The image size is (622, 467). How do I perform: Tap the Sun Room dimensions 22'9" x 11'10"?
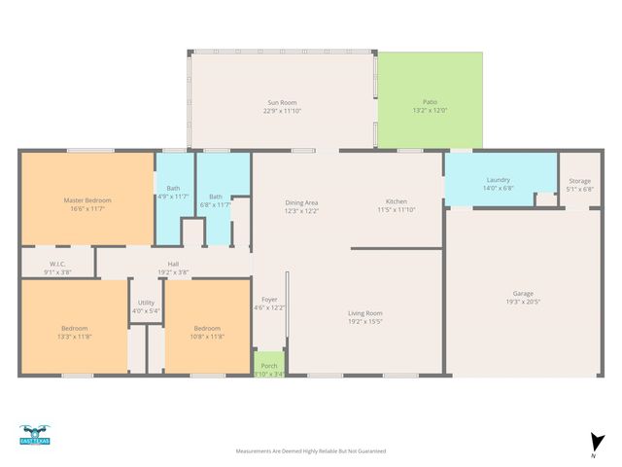click(282, 111)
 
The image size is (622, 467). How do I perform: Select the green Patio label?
click(430, 101)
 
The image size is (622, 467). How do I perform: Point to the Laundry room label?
click(499, 180)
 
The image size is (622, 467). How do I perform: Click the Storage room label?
click(579, 180)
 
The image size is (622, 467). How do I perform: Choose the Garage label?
click(523, 293)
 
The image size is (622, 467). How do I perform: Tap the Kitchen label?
click(396, 201)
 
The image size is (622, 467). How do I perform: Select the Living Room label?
click(365, 313)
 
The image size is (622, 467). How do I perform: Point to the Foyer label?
click(269, 299)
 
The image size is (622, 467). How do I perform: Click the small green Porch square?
click(269, 362)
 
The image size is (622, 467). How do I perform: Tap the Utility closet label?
click(146, 303)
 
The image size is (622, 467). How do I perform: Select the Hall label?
click(172, 263)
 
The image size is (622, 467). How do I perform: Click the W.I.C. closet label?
click(57, 264)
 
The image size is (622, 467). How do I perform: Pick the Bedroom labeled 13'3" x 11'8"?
click(74, 328)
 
